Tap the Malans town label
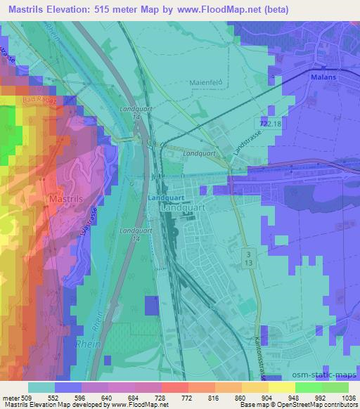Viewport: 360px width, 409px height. [x=324, y=79]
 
